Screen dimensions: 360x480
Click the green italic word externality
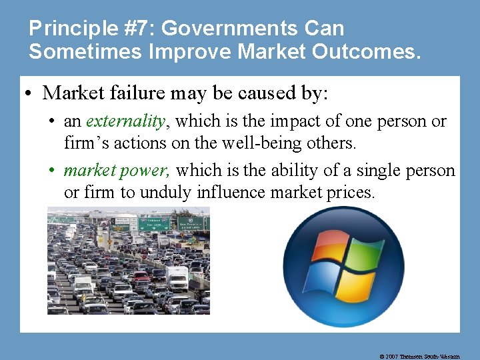126,121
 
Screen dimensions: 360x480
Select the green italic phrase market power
117,170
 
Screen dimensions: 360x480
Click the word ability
294,170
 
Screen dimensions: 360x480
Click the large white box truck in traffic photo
177,278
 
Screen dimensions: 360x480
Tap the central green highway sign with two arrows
153,225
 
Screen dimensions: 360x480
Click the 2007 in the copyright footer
393,356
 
